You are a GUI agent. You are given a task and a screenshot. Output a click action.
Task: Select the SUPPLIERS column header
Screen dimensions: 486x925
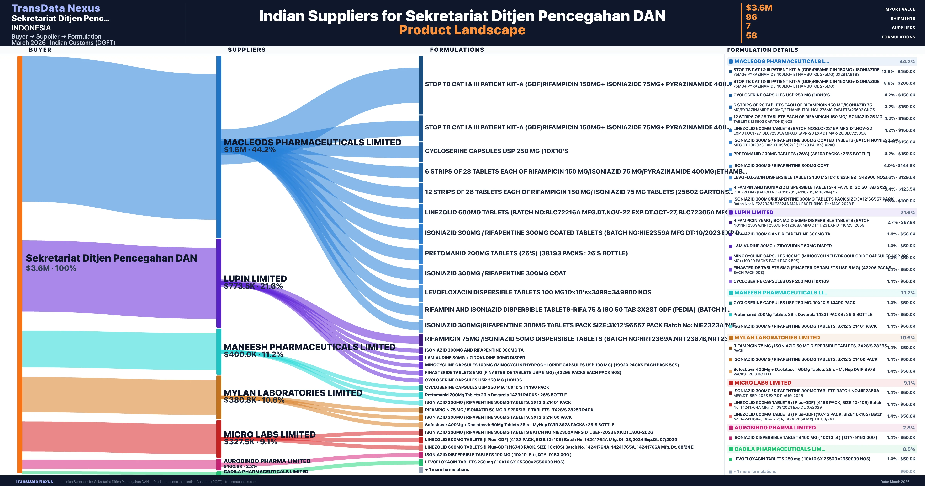click(x=247, y=50)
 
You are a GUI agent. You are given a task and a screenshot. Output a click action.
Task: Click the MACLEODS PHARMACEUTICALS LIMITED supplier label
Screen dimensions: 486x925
click(x=312, y=142)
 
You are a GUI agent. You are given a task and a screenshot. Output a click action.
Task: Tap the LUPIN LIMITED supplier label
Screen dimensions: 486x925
click(x=255, y=279)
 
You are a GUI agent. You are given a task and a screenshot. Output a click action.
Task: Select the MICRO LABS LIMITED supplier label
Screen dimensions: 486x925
click(x=269, y=434)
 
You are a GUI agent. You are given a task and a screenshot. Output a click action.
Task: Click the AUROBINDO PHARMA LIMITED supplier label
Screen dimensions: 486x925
click(x=267, y=461)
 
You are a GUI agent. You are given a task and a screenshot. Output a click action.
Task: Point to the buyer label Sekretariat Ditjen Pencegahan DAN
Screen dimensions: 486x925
click(x=111, y=258)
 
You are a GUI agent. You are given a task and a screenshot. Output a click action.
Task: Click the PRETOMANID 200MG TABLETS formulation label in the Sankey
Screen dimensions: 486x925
click(x=526, y=253)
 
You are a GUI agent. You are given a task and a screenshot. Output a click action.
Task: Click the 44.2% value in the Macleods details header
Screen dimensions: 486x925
click(x=907, y=62)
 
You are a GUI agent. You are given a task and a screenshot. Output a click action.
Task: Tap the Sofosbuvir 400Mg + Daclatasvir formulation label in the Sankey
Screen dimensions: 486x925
click(x=519, y=424)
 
